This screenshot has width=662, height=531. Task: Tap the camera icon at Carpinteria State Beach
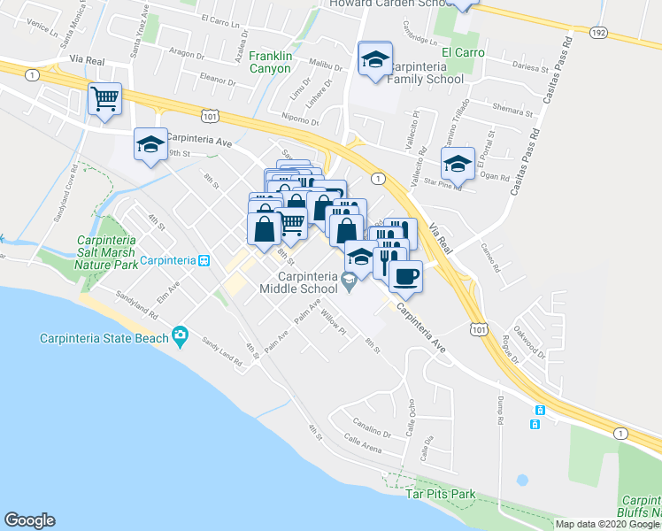pyautogui.click(x=181, y=335)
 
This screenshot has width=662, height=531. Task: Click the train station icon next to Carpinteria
pyautogui.click(x=204, y=260)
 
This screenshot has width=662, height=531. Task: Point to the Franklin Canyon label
pyautogui.click(x=282, y=62)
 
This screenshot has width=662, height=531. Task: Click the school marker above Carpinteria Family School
pyautogui.click(x=375, y=60)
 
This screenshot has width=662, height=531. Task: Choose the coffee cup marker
pyautogui.click(x=406, y=275)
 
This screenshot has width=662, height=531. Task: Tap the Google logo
pyautogui.click(x=29, y=520)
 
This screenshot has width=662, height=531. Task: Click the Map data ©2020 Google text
pyautogui.click(x=608, y=524)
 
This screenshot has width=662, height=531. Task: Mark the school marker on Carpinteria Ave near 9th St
pyautogui.click(x=150, y=144)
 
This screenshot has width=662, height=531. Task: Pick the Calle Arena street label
pyautogui.click(x=363, y=450)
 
